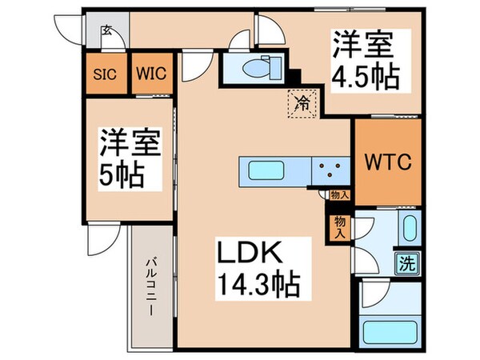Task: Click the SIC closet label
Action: tap(105, 74)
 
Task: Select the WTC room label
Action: tap(388, 162)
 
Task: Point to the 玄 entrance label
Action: tap(106, 31)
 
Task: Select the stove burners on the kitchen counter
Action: tap(330, 170)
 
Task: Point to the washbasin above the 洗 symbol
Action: tap(409, 230)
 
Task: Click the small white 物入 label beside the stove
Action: tap(338, 194)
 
